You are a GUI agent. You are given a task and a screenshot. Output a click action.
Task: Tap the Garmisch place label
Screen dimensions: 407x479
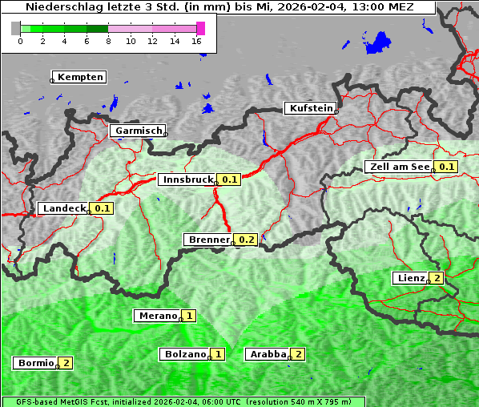[x=138, y=131]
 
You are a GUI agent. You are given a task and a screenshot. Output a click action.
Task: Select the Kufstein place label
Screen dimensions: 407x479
[x=309, y=108]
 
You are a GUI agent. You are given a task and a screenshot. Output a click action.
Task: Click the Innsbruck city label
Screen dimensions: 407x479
[x=187, y=179]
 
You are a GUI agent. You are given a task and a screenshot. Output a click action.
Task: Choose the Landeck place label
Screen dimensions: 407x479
[x=63, y=208]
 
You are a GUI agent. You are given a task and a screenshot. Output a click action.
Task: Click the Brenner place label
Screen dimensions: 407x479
[x=207, y=240]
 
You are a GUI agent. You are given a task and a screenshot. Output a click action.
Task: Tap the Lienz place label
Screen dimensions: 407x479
[x=409, y=278]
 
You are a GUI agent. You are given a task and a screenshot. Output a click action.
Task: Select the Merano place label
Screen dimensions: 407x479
[x=157, y=316]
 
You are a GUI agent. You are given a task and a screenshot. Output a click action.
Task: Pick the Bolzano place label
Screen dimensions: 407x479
[x=184, y=353]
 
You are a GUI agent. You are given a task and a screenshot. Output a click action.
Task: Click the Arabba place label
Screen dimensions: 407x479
[x=268, y=353]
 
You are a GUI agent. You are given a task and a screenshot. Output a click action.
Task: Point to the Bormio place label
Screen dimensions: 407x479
[x=35, y=363]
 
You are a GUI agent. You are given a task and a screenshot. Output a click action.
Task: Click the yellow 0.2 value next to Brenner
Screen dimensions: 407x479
[x=246, y=240]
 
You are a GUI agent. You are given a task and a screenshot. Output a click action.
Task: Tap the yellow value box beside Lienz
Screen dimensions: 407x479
[x=436, y=278]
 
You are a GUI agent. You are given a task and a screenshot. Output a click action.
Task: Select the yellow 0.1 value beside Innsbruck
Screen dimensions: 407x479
[x=230, y=179]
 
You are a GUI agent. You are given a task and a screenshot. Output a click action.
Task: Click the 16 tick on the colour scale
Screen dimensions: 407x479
[x=197, y=41]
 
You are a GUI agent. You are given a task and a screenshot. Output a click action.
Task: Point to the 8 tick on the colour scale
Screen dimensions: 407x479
[x=108, y=41]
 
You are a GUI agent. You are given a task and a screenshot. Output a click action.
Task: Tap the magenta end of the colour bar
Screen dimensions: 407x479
[x=200, y=28]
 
